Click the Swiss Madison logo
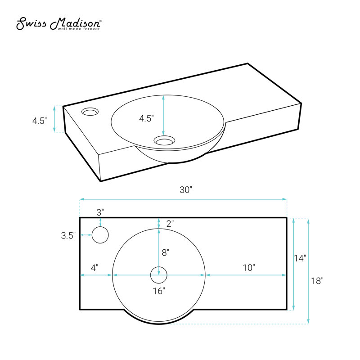(x=58, y=24)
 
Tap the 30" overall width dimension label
(x=185, y=190)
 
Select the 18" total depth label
(x=317, y=281)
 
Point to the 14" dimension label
(x=300, y=258)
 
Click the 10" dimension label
(x=249, y=268)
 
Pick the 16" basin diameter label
(x=159, y=291)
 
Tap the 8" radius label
(x=166, y=253)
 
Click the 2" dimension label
(x=170, y=224)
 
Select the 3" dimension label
(x=100, y=212)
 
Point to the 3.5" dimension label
(x=68, y=235)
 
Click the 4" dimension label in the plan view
(x=94, y=268)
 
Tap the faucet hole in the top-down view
(x=100, y=235)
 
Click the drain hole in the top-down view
(x=159, y=275)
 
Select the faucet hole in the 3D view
(x=90, y=112)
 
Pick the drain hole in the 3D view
(x=163, y=140)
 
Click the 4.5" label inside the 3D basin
(x=146, y=118)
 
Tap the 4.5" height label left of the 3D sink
(x=40, y=121)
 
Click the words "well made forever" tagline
(x=79, y=29)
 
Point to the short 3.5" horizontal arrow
(x=86, y=235)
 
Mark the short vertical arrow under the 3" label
(x=100, y=222)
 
